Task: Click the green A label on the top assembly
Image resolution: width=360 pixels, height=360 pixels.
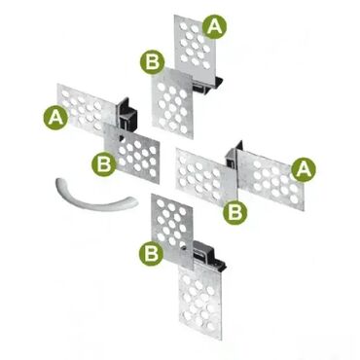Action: (215, 26)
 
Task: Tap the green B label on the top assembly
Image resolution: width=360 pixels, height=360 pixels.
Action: (153, 62)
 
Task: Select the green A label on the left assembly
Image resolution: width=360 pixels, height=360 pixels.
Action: (55, 118)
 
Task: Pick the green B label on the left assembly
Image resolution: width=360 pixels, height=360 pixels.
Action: (104, 164)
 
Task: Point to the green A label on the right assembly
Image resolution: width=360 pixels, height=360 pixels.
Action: (304, 169)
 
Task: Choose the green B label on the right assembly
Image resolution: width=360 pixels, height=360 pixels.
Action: (235, 213)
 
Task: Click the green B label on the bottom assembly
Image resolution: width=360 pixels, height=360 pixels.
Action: (152, 253)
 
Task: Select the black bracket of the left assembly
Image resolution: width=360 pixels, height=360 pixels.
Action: (128, 112)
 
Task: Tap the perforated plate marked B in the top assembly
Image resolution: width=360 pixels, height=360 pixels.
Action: (172, 102)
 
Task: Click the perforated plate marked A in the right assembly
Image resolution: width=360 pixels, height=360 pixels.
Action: (271, 178)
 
